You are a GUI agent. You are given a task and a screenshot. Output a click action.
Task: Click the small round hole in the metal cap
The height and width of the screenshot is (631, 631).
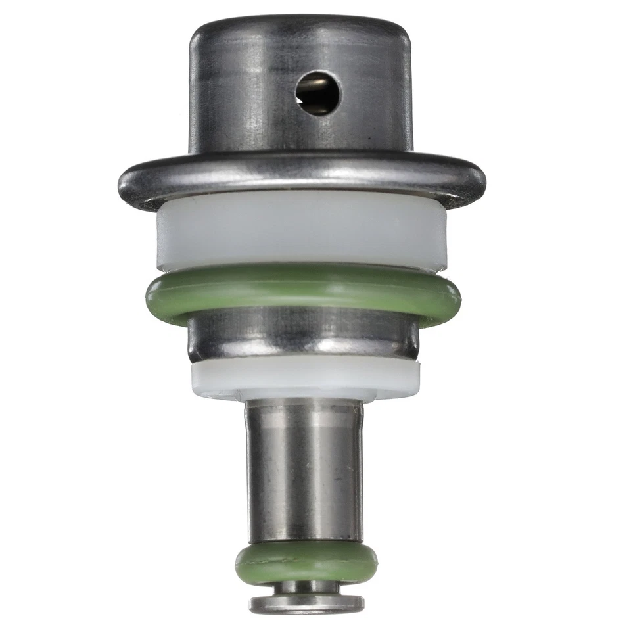pos(317,93)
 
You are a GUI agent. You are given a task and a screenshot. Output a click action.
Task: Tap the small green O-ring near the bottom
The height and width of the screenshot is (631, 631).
pos(306,563)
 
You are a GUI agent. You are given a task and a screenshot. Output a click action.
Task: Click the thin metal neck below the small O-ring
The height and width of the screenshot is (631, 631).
pos(306,587)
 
